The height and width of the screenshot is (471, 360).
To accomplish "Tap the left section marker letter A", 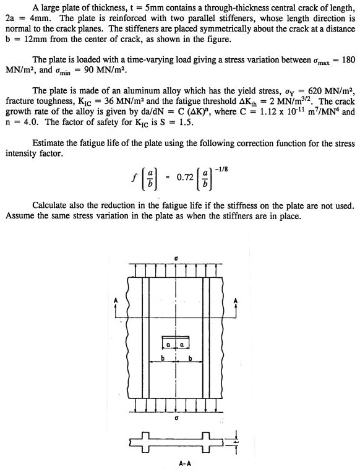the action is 114,301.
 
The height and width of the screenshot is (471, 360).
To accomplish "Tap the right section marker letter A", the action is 234,301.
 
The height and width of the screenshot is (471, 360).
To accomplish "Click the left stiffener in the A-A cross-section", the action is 148,441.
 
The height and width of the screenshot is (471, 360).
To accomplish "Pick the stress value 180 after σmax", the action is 348,60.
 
